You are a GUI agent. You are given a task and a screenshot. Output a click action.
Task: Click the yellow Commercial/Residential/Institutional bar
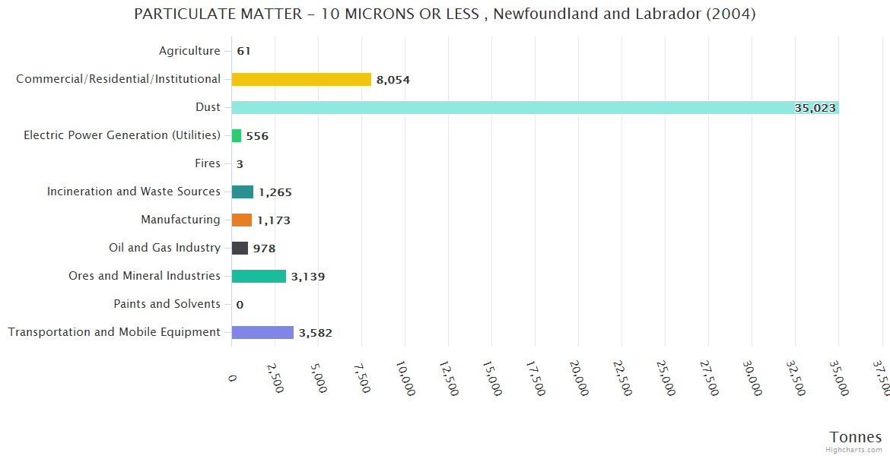pos(301,79)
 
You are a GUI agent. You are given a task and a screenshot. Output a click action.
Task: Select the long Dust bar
pos(535,107)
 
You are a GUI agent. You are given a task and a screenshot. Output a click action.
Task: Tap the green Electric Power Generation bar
pos(237,135)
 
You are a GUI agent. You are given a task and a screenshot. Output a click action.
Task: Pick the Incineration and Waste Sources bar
pos(243,192)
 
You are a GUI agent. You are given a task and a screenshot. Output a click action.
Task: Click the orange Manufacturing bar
pos(242,220)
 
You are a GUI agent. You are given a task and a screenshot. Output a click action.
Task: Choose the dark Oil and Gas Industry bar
pos(240,248)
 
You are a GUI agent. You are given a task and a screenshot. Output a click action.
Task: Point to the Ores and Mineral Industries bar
pos(259,276)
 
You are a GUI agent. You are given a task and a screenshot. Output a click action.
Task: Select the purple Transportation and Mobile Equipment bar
pos(262,332)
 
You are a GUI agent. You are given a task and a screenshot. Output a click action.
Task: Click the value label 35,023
pos(815,108)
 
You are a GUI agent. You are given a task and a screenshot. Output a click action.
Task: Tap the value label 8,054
pos(393,80)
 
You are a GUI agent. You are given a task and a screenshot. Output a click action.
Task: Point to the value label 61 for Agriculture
pos(243,52)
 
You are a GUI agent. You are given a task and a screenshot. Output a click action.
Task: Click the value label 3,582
pos(315,333)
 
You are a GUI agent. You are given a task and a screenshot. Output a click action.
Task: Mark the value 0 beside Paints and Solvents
pos(240,305)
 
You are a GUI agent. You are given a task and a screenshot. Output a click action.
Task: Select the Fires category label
pos(208,163)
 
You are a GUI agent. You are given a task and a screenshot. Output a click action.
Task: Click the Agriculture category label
pos(189,51)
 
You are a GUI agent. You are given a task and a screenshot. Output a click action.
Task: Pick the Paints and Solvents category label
pos(167,304)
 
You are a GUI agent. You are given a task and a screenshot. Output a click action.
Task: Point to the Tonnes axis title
pos(856,436)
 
